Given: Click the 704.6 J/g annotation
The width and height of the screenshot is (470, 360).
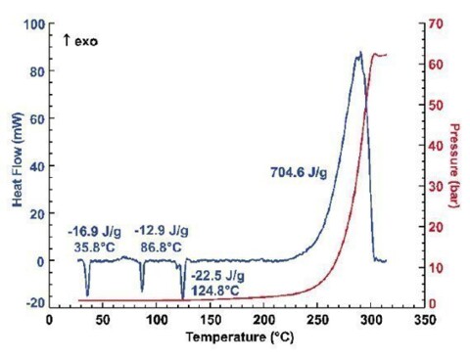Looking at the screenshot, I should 300,172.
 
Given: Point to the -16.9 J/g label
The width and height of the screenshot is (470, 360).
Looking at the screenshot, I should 92,231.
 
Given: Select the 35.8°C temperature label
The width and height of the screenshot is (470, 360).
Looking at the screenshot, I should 94,247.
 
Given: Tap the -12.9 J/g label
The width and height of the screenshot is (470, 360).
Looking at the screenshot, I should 161,231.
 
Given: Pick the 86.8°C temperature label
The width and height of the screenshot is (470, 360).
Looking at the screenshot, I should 162,247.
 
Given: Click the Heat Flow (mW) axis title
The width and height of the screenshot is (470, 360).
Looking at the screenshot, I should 16,160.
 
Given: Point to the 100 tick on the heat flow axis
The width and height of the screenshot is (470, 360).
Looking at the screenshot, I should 32,23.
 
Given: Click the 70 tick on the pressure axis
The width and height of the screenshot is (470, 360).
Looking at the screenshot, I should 434,23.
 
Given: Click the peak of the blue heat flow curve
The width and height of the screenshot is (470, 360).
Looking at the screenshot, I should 359,53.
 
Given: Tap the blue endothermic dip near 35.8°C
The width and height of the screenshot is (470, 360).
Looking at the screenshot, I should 87,293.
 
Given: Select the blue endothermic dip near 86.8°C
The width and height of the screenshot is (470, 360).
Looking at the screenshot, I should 142,290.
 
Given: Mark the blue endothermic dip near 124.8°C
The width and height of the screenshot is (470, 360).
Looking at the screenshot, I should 183,297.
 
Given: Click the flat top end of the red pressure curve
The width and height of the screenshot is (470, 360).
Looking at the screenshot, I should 383,55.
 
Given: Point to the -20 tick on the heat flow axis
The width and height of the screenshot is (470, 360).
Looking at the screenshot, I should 29,301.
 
